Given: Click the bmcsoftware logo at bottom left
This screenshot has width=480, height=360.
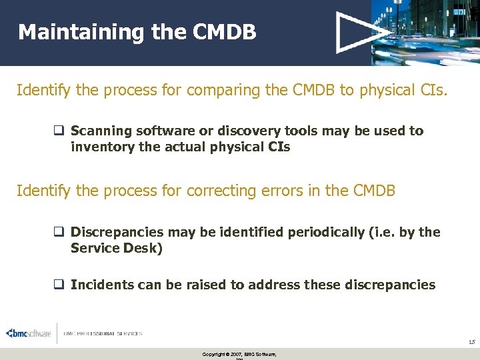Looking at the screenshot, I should pyautogui.click(x=29, y=333).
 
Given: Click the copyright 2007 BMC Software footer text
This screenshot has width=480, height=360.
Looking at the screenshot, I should pyautogui.click(x=239, y=354).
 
